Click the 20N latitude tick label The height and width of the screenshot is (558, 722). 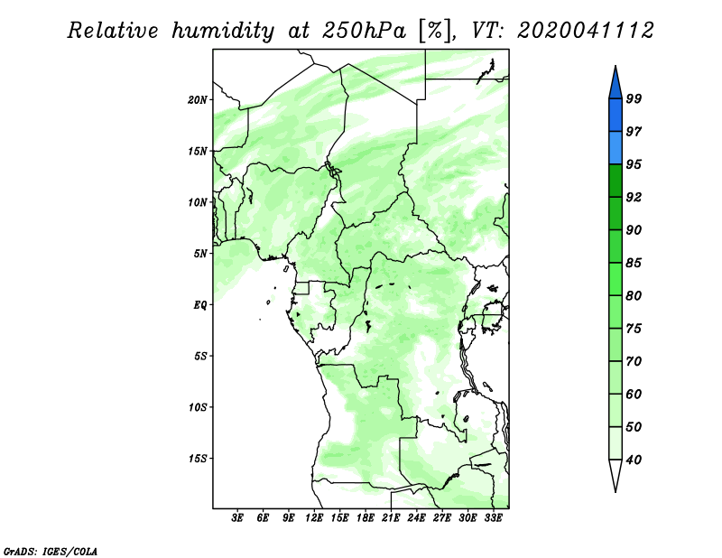198,100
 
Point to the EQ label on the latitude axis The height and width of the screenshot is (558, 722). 200,305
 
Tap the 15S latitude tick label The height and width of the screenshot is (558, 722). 198,459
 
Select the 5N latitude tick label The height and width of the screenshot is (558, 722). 200,254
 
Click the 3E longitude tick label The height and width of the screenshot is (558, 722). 237,518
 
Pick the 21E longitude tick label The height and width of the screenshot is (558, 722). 391,518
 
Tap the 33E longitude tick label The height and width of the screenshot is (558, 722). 493,518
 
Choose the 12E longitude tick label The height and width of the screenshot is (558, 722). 314,518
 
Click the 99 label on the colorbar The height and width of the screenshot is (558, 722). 634,98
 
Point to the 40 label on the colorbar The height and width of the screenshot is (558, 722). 634,460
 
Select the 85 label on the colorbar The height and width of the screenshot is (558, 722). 634,263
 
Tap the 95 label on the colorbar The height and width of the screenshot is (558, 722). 634,164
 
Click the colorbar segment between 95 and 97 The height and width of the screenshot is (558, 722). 616,148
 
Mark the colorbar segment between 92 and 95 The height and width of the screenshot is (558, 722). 616,181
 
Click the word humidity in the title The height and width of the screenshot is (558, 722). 223,31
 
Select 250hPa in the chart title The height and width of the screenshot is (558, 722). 364,31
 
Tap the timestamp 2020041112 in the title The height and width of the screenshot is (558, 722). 585,31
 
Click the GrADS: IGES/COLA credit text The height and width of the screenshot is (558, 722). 51,552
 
